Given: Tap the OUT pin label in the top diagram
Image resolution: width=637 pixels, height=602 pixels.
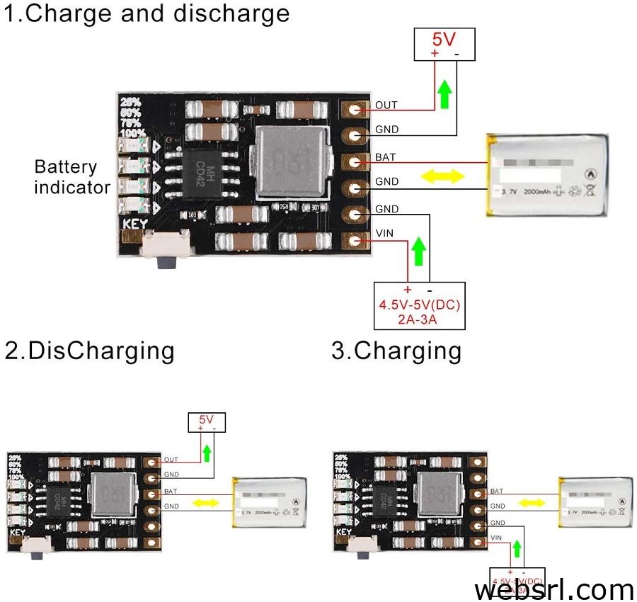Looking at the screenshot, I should point(386,106).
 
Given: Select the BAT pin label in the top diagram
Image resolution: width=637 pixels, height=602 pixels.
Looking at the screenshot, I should point(386,157).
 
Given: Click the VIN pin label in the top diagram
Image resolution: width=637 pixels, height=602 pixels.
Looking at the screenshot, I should point(384,234).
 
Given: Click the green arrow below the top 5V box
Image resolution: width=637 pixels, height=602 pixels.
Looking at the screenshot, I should point(444,94).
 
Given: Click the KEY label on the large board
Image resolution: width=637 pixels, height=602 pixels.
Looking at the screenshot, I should point(135,225).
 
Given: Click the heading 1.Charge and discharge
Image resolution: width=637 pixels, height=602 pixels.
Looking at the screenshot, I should point(147,13).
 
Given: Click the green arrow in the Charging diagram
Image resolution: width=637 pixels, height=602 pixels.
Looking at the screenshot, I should point(517,547).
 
